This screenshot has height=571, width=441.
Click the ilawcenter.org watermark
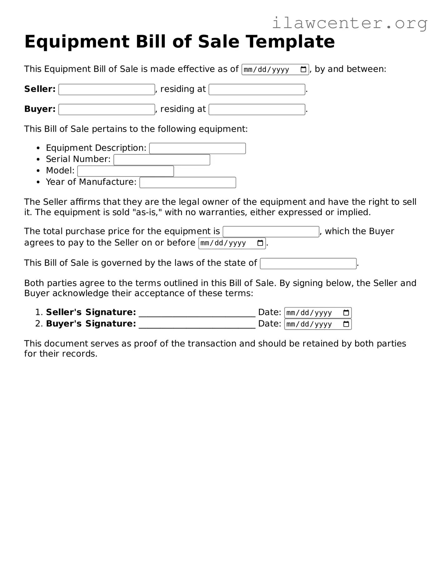349,23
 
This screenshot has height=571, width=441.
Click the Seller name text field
107,89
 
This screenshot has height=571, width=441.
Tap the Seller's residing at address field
257,89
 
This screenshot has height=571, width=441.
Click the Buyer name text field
107,109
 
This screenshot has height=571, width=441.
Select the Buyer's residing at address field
257,109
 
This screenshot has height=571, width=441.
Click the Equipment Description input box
197,149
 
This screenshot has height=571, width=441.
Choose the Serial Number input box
162,160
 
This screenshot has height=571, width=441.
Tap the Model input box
125,171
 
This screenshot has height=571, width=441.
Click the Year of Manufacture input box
188,183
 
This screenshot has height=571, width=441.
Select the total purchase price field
271,232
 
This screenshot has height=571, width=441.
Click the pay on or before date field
228,243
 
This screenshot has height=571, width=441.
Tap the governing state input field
308,264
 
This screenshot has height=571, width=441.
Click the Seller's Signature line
197,314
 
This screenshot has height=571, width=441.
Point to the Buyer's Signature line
197,325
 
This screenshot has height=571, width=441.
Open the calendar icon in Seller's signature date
346,313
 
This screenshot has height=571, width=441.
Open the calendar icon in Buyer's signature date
346,324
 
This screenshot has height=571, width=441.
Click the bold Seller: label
40,89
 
